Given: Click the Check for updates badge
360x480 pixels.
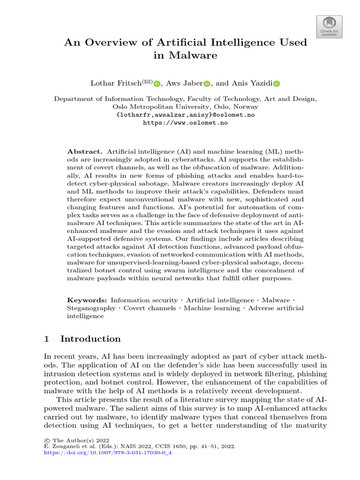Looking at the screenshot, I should [x=330, y=26].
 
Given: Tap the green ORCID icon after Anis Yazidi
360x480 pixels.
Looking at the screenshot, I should [x=277, y=84].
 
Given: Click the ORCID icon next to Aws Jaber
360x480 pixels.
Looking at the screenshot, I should [x=207, y=84].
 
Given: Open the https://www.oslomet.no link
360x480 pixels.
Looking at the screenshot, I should [x=185, y=122].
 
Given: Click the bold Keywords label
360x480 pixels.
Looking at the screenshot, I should [x=87, y=300].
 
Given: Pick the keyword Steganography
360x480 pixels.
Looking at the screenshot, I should [x=91, y=308].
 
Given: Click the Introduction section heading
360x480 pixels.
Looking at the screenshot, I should [x=90, y=339].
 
